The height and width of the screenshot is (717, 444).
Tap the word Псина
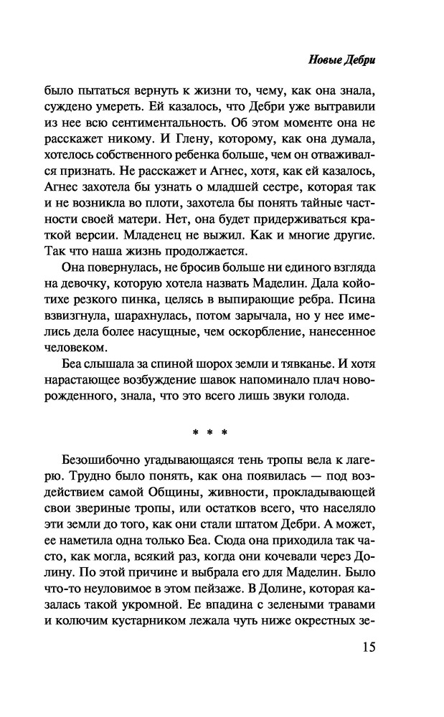[356, 296]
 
